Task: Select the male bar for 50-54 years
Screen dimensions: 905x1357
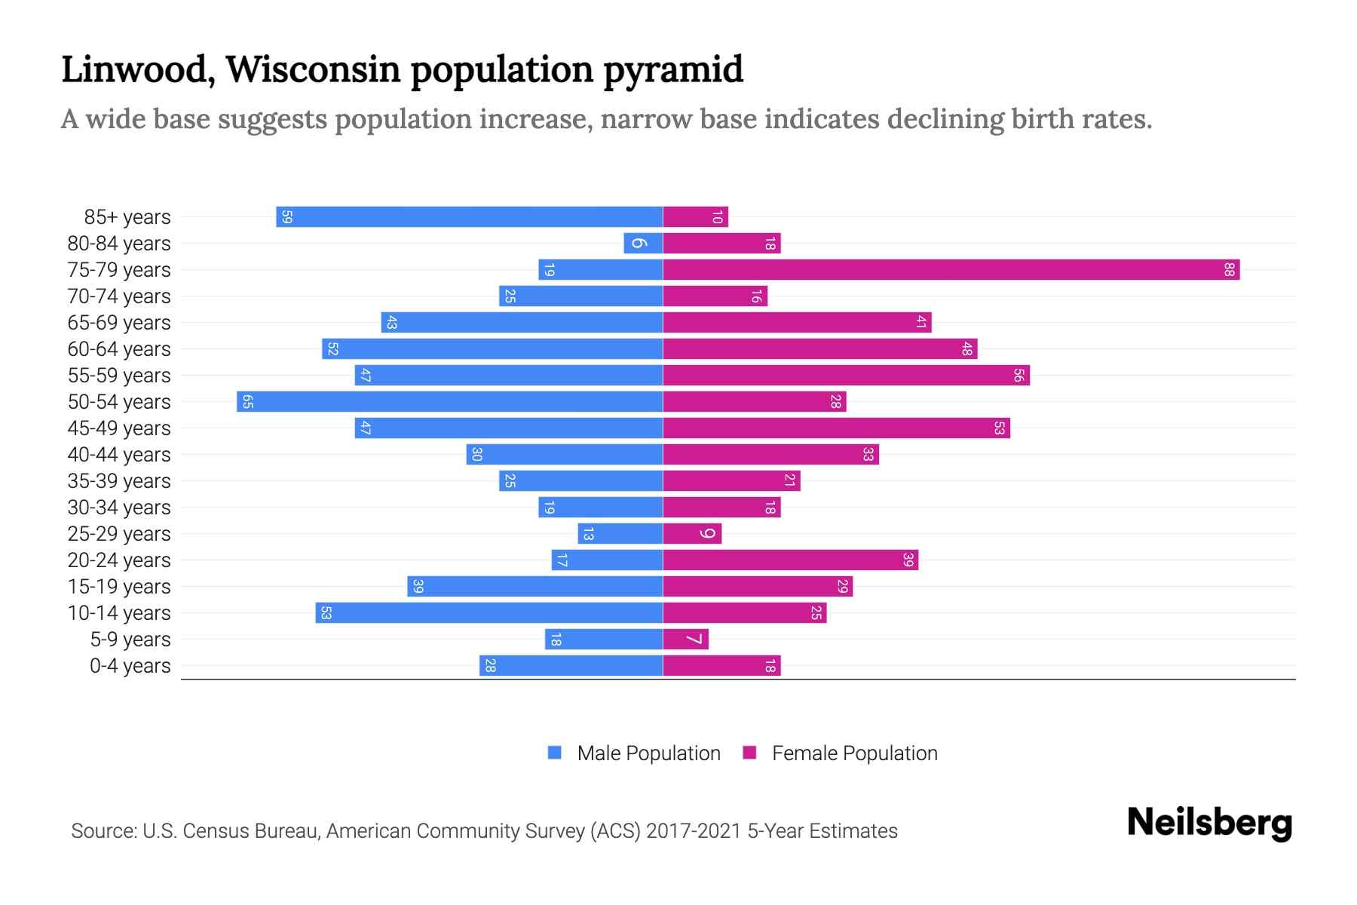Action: (449, 401)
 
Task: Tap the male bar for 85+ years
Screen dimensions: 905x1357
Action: (469, 216)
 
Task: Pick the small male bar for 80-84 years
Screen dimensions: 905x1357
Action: (643, 243)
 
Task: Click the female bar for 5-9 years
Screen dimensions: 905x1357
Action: (685, 640)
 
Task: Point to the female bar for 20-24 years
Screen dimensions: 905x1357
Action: (790, 560)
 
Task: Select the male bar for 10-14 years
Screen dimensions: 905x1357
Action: (489, 612)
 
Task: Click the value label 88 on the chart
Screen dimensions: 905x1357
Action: (1229, 269)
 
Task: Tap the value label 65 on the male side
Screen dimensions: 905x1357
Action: (247, 401)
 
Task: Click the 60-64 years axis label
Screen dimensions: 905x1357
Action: (119, 349)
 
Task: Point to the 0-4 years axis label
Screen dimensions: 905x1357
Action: (130, 666)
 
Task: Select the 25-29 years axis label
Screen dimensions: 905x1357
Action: (119, 534)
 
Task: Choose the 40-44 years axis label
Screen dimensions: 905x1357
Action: (119, 455)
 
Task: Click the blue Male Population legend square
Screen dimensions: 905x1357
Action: (555, 753)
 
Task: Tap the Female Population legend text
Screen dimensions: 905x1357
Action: (854, 753)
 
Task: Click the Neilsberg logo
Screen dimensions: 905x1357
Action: (1209, 823)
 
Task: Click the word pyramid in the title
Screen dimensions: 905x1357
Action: (672, 69)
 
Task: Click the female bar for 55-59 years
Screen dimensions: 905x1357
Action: (846, 375)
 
